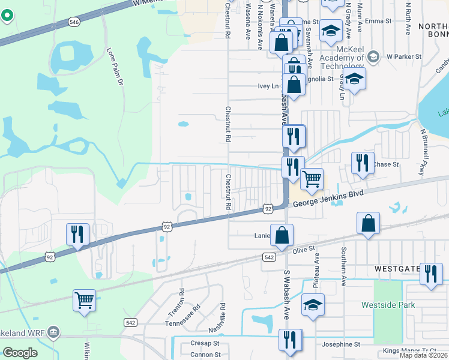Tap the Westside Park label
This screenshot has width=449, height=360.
coord(388,305)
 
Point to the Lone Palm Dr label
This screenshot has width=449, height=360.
coord(115,65)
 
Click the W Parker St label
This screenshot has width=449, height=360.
coord(404,56)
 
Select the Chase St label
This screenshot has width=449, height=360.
coord(382,164)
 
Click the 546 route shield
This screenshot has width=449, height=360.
coord(74,22)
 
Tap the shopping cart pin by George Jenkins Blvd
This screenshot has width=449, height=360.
coord(312,178)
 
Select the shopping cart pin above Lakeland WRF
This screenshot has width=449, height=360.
coord(85,300)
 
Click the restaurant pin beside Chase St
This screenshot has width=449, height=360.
coord(363,163)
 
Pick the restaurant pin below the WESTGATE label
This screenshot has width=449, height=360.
coord(431,274)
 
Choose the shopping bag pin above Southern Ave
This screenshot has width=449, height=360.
coord(368,223)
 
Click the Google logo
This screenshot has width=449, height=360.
coord(20,353)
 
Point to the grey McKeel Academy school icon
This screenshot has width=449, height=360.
coord(373,56)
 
